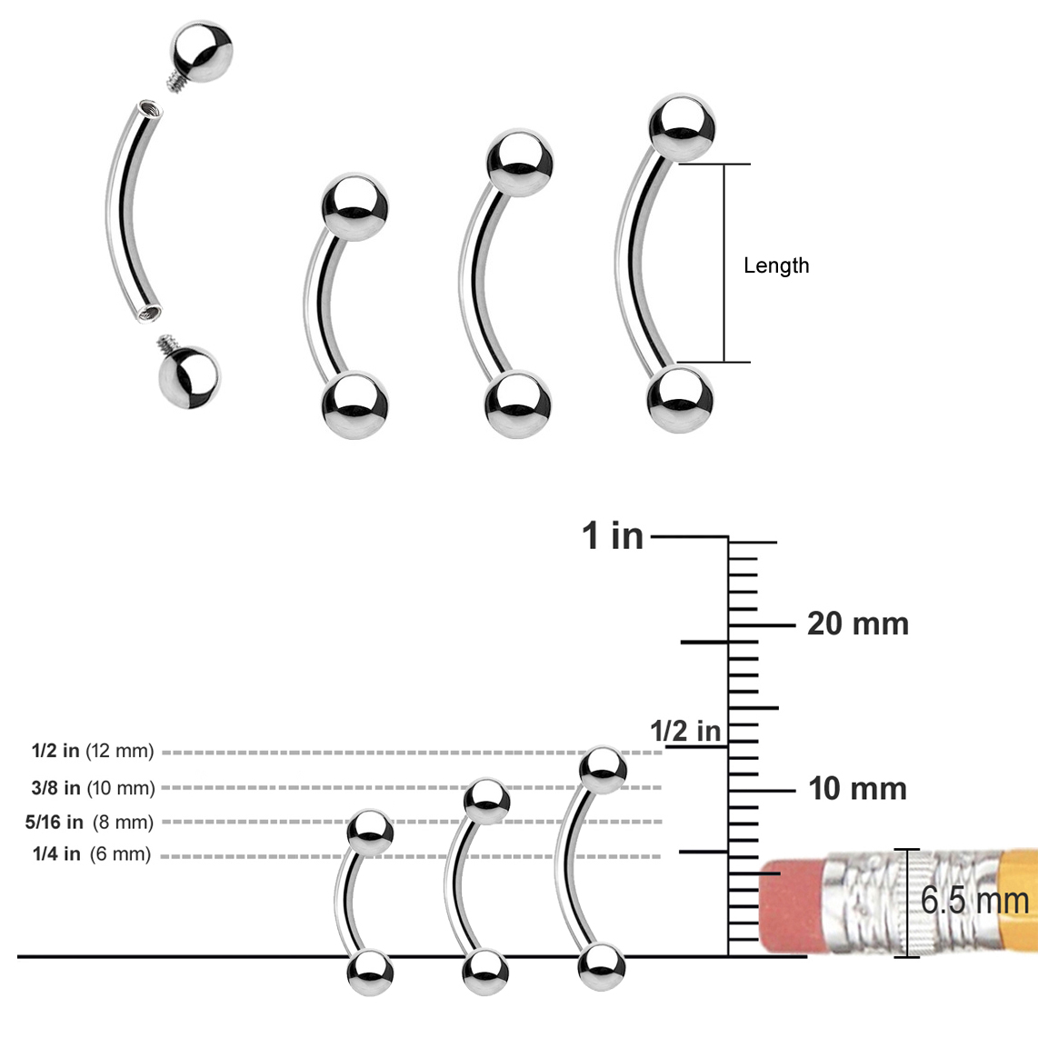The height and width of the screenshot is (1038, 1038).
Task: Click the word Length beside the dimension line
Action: [775, 265]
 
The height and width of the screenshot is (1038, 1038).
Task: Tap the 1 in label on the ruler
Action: [613, 536]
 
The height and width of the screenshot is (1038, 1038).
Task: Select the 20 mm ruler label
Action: [857, 624]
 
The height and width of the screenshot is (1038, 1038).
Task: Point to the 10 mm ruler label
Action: [857, 788]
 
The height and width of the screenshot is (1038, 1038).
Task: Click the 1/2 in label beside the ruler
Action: [684, 730]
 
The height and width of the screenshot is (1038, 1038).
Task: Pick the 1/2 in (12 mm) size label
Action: [93, 751]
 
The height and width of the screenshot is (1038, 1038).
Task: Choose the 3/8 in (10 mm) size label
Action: [93, 787]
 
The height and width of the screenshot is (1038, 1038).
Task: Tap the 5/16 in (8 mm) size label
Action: [89, 822]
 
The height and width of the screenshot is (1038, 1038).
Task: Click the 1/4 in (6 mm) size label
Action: [91, 854]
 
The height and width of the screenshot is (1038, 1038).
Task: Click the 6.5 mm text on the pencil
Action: [974, 900]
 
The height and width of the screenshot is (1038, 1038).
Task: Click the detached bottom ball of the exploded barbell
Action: [188, 375]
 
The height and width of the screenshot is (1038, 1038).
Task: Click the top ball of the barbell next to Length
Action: [682, 125]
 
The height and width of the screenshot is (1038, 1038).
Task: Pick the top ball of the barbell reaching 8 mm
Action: [371, 830]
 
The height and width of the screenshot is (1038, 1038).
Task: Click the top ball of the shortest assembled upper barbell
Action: [354, 205]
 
